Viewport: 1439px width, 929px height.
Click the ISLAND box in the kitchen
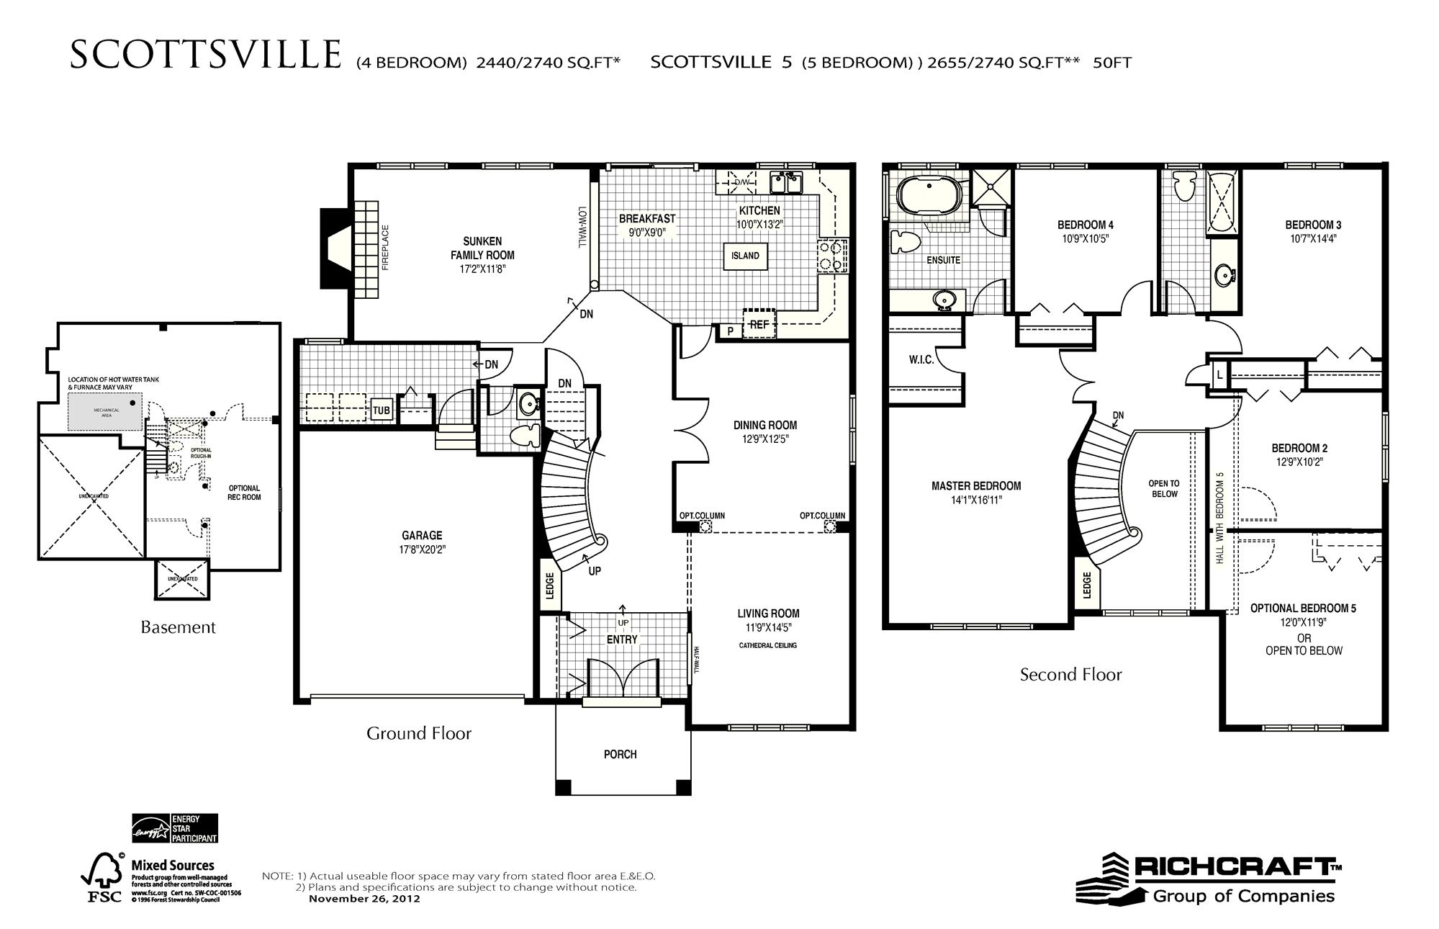point(745,256)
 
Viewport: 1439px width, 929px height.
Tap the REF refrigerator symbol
point(759,324)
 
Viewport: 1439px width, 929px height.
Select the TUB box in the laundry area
point(381,410)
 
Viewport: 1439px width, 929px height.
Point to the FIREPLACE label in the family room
point(385,248)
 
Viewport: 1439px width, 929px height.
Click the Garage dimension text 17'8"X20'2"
point(422,549)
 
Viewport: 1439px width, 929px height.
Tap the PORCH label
point(620,754)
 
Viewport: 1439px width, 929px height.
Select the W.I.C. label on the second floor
point(921,359)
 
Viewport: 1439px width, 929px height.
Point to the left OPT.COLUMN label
point(702,516)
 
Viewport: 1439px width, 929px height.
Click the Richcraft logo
point(1209,879)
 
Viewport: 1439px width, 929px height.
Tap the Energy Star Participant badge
point(174,828)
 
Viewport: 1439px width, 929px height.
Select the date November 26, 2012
point(364,899)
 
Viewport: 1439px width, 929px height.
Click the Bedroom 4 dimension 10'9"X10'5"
point(1085,239)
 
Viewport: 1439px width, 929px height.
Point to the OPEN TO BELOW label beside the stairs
point(1164,489)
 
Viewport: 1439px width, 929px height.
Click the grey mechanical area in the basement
point(105,412)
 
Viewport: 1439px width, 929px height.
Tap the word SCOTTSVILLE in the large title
point(206,55)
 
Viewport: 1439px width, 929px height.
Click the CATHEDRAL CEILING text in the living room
point(767,645)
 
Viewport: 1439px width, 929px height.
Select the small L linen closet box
point(1219,375)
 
